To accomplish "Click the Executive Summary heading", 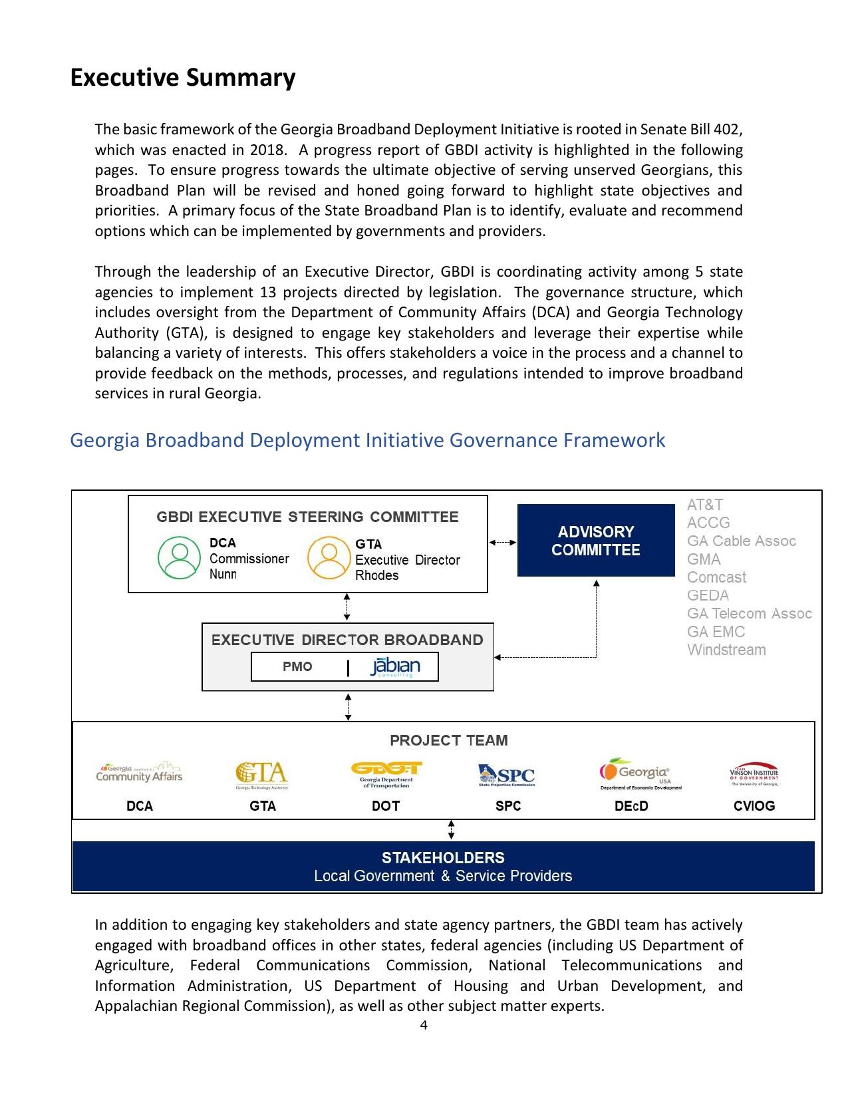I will (182, 78).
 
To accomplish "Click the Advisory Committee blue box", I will (596, 541).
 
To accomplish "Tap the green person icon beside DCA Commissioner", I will (179, 559).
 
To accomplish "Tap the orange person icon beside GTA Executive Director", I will (329, 559).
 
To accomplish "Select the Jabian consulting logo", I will (395, 667).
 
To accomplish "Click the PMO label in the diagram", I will (297, 667).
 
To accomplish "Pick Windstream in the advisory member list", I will (726, 650).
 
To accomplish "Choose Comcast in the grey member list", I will (716, 577).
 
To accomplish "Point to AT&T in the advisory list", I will (704, 505).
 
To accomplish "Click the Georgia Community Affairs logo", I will (139, 773).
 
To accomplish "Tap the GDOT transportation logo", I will (386, 774).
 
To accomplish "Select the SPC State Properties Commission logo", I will (506, 775).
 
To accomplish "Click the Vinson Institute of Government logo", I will (754, 774).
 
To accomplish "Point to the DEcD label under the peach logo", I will (631, 806).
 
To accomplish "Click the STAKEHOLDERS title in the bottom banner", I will (443, 858).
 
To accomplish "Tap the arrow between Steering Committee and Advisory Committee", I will (503, 543).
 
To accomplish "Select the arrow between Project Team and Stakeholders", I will (452, 830).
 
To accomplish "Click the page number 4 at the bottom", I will (424, 1025).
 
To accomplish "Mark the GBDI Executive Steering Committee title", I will (307, 517).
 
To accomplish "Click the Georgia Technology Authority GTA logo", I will (262, 775).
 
